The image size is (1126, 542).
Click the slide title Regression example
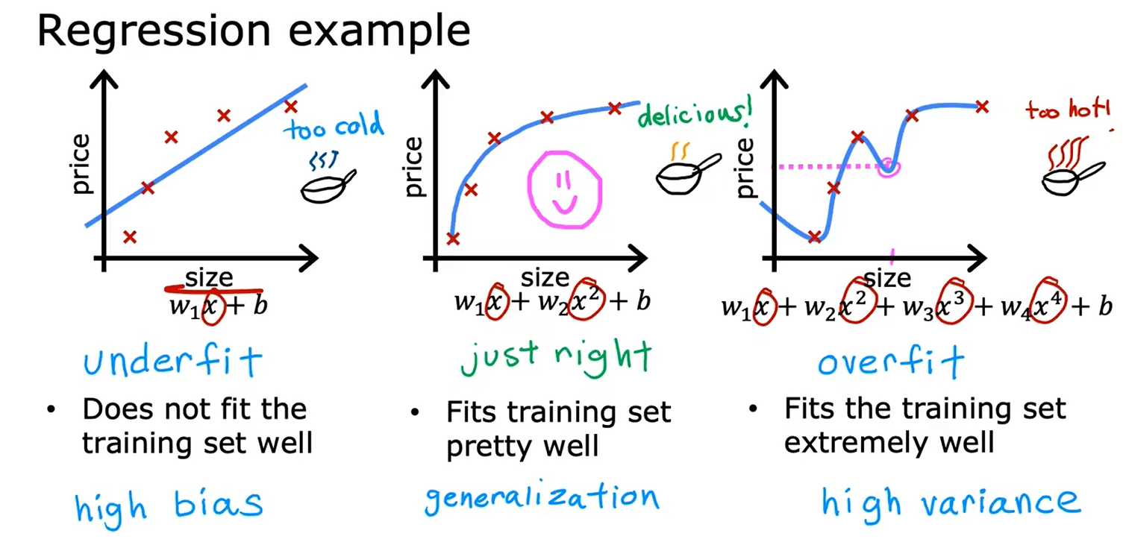(254, 31)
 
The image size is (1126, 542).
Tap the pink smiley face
(565, 190)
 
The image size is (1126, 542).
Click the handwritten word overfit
(891, 361)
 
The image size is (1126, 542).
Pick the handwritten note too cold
(334, 125)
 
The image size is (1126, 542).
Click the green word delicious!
(695, 113)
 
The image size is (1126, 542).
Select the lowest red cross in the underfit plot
(130, 236)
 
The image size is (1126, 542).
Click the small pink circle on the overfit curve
(889, 167)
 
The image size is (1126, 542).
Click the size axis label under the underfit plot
(209, 277)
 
